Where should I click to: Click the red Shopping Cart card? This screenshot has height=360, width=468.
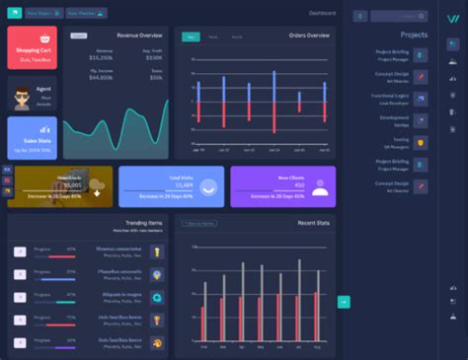[x=32, y=47]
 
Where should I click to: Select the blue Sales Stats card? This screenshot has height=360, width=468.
[x=32, y=138]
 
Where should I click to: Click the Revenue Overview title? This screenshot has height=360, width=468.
[x=140, y=35]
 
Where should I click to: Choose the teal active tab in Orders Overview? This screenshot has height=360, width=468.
[x=192, y=36]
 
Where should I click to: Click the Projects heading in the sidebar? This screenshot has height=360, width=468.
[x=414, y=34]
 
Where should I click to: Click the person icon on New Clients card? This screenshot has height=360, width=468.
[x=319, y=186]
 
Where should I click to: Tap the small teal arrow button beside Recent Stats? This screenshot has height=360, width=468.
[x=344, y=301]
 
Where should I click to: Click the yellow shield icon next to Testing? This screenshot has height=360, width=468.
[x=421, y=142]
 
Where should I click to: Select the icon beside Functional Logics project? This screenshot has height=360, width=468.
[x=421, y=99]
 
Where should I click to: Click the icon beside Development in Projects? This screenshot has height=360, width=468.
[x=421, y=120]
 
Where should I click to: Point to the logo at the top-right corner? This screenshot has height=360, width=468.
[x=451, y=17]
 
